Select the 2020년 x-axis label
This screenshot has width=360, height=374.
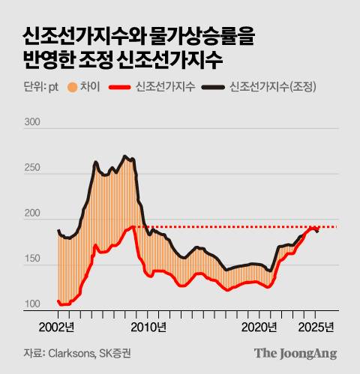[260, 327]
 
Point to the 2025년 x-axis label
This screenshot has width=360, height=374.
[316, 327]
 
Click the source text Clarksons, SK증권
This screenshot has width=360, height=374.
[93, 352]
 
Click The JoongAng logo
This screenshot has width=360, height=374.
[295, 352]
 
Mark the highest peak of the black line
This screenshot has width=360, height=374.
[125, 157]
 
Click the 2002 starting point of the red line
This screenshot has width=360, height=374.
[58, 301]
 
